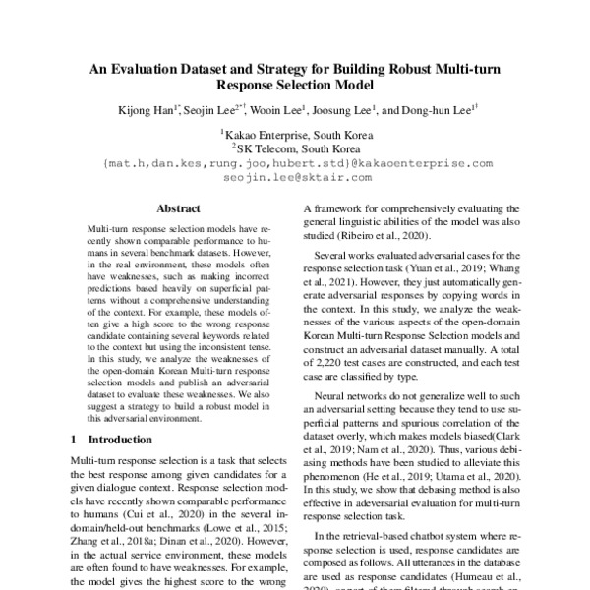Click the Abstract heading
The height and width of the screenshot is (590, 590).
pyautogui.click(x=179, y=209)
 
